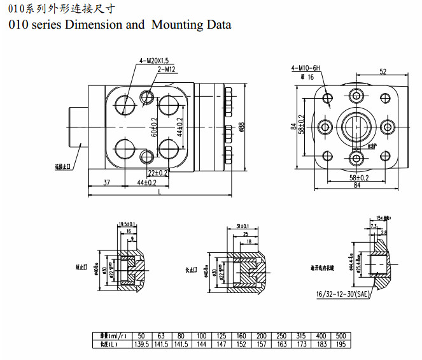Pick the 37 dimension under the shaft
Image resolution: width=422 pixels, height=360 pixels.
coord(106,183)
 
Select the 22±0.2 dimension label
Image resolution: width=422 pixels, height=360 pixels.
coord(157,173)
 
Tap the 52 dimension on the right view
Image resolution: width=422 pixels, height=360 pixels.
coord(383,71)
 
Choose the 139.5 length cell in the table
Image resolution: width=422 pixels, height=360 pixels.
coord(142,344)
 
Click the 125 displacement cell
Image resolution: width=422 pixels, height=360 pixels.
coord(222,335)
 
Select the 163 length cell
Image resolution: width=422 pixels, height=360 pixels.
coord(283,344)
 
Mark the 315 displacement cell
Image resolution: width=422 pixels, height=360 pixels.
coord(302,335)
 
